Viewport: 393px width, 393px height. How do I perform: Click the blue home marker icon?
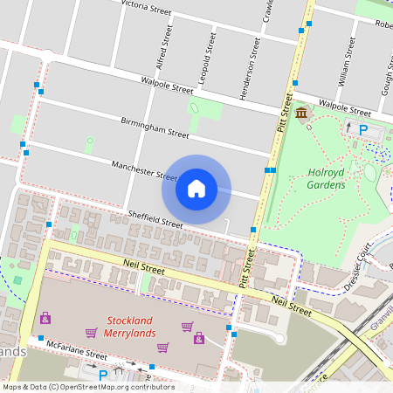[x=196, y=188]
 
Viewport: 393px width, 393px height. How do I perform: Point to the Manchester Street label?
[x=144, y=170]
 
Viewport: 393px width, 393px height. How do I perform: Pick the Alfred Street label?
[x=161, y=46]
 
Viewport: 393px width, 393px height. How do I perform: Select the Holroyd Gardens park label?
[x=339, y=178]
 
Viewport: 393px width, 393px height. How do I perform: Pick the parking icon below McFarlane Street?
[x=102, y=376]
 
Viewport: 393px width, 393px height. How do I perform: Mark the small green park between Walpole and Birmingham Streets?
[x=193, y=109]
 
